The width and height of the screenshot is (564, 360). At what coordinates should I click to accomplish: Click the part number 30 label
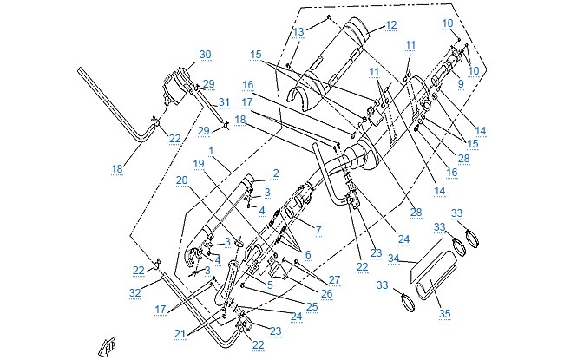[205, 55]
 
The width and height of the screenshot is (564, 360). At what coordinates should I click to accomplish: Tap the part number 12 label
[390, 25]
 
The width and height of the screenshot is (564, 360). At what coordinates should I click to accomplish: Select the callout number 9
[461, 84]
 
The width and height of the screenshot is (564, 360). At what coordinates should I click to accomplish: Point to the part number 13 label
[298, 32]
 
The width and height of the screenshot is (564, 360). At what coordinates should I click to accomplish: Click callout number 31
[224, 102]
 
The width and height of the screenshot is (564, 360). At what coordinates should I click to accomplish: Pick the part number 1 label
[211, 151]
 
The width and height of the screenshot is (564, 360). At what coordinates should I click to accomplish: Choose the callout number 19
[199, 164]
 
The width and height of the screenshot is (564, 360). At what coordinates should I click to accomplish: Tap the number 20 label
[182, 180]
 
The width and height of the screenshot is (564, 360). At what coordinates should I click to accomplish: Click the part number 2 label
[276, 173]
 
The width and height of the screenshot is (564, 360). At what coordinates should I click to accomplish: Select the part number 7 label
[318, 230]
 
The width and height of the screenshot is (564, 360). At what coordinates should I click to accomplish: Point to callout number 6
[308, 255]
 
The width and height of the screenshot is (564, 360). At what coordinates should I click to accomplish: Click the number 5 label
[270, 285]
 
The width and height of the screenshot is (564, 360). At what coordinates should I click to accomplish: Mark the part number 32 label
[135, 293]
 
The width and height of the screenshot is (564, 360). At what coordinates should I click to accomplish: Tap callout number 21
[180, 334]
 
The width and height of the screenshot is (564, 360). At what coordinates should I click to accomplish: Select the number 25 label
[312, 306]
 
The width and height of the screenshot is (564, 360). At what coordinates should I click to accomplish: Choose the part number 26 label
[326, 294]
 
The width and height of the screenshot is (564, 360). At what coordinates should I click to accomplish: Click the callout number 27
[334, 280]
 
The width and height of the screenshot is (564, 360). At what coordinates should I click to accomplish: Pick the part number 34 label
[394, 259]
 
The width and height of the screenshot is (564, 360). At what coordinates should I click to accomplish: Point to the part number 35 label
[445, 314]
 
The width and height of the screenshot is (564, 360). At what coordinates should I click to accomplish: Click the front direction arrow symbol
[107, 347]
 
